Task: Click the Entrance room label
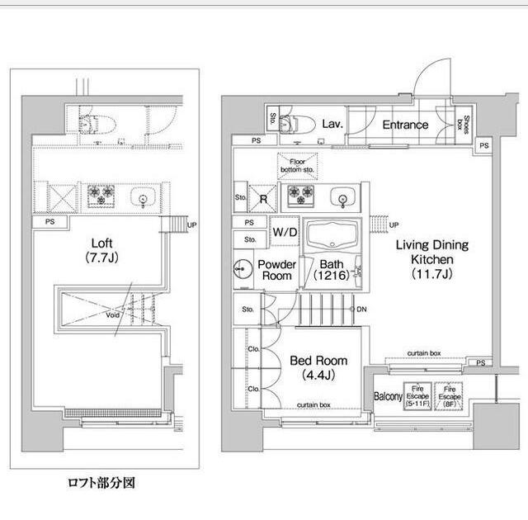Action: click(404, 125)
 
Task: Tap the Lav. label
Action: click(332, 124)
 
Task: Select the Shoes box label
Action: click(466, 125)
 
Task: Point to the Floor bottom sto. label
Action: click(297, 164)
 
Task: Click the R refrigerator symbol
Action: click(263, 198)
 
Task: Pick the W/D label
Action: click(285, 232)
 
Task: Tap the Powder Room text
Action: click(276, 270)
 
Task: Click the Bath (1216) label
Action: click(332, 270)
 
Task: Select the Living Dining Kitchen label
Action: click(431, 259)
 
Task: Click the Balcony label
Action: click(389, 397)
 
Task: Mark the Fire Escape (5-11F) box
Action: click(417, 396)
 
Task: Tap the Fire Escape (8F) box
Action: click(450, 396)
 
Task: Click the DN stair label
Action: click(361, 310)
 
